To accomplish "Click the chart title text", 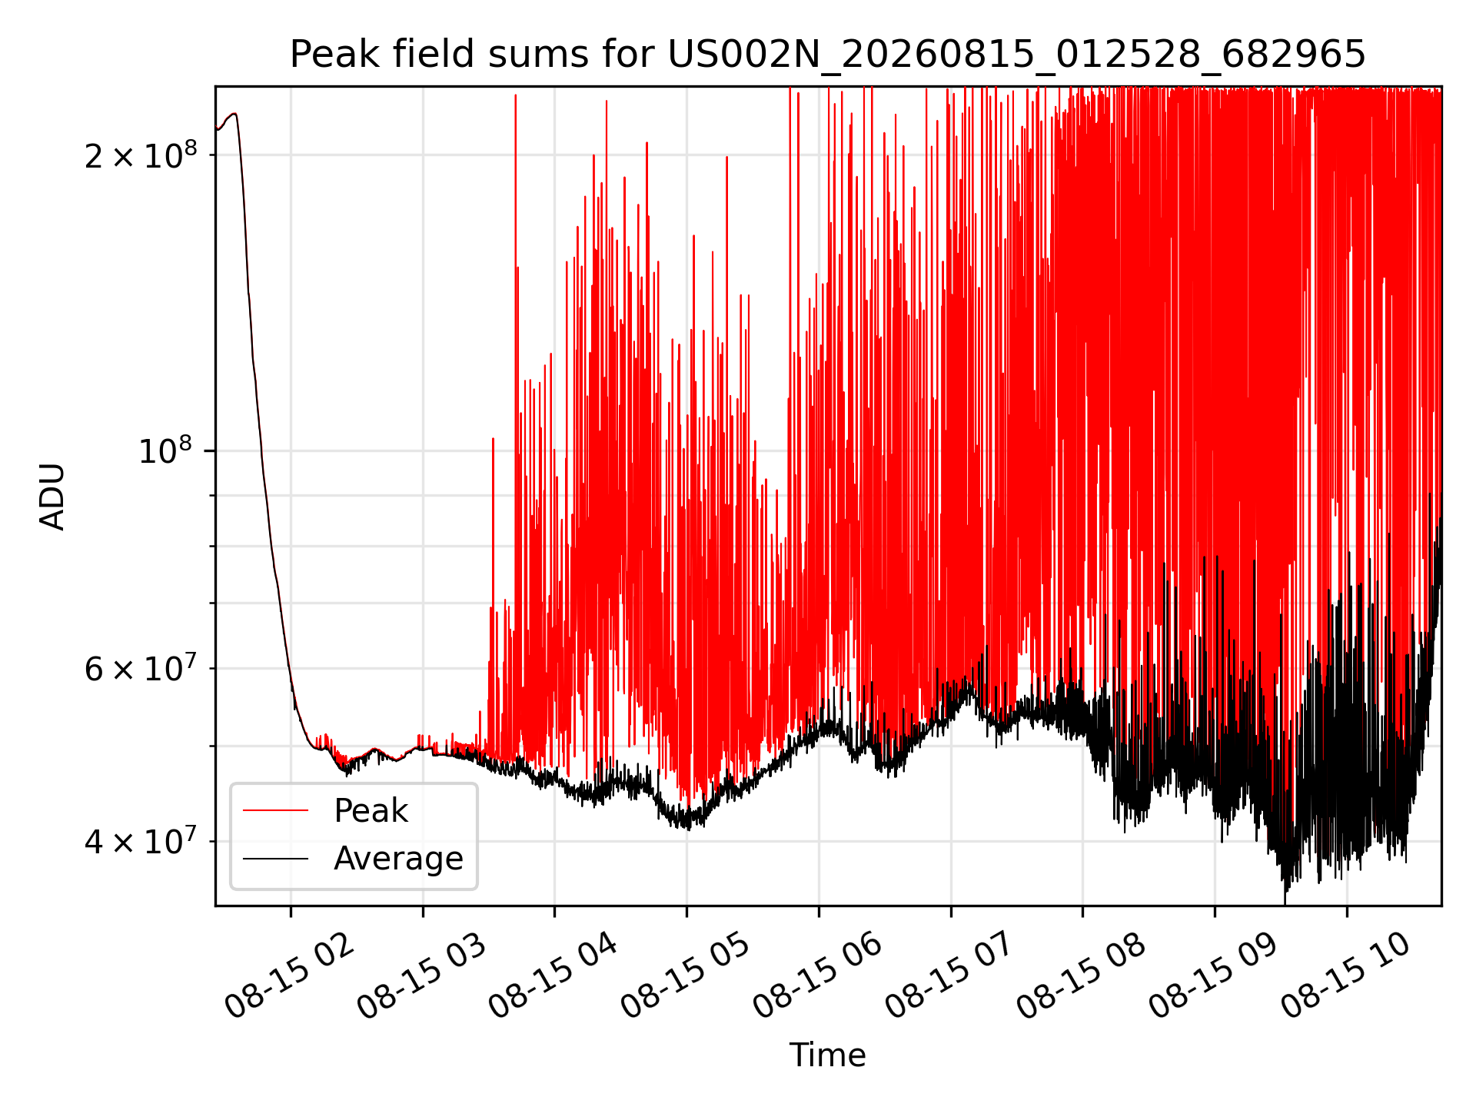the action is (828, 55).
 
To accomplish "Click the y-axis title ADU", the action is (52, 497).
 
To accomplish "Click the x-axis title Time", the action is (828, 1055).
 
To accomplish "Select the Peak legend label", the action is (371, 810).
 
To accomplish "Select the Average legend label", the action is (398, 858).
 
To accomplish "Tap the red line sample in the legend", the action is (275, 810).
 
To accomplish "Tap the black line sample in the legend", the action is (275, 859).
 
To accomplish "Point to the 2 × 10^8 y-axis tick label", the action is (141, 155).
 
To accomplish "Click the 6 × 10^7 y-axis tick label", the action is (141, 668).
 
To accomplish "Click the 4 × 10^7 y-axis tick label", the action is (141, 841).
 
